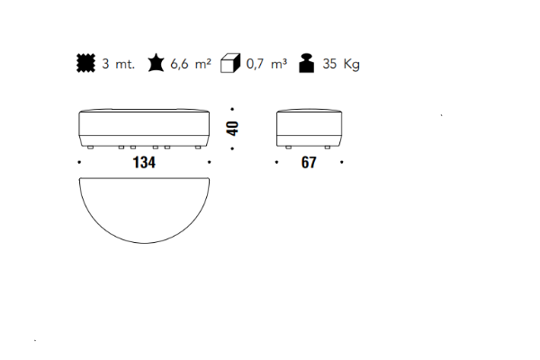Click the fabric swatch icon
(x=85, y=63)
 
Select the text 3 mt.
(x=118, y=64)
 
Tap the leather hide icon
(x=156, y=63)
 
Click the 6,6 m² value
(x=191, y=64)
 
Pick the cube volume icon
(x=230, y=63)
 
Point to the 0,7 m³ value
(x=266, y=64)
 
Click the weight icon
(x=307, y=63)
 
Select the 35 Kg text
(x=341, y=65)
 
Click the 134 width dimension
(x=144, y=162)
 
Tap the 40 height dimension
(x=233, y=129)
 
